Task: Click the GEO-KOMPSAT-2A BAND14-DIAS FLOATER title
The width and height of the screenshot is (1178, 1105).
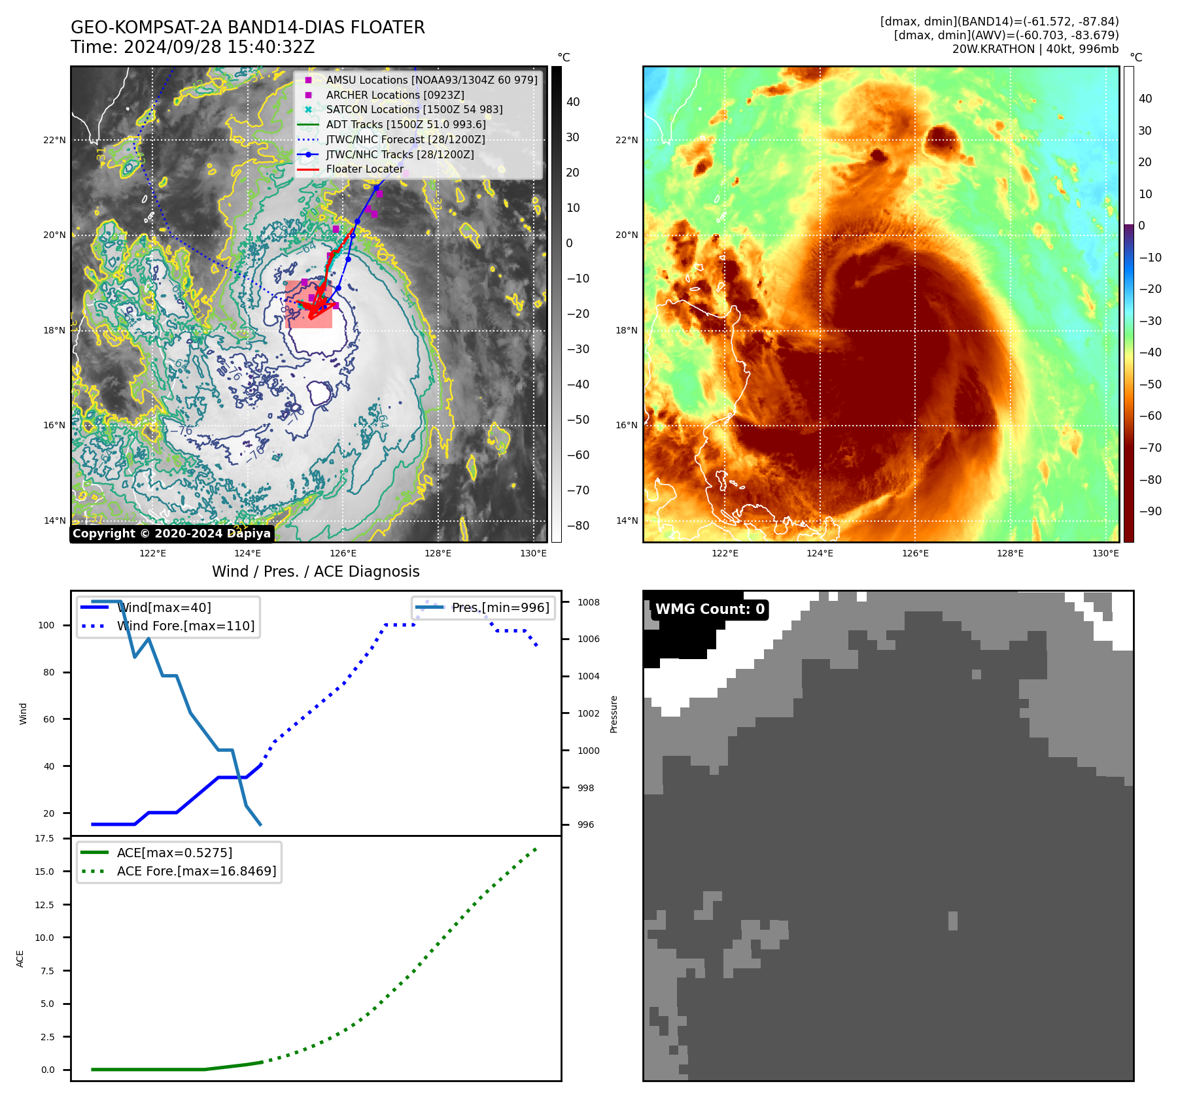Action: click(x=247, y=27)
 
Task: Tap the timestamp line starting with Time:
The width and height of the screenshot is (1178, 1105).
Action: click(x=192, y=48)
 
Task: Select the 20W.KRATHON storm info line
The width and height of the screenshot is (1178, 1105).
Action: click(x=1035, y=49)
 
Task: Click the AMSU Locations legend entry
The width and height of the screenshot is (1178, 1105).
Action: click(x=431, y=80)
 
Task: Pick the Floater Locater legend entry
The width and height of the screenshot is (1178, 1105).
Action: click(x=364, y=169)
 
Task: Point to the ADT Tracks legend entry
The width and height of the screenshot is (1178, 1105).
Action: click(x=406, y=124)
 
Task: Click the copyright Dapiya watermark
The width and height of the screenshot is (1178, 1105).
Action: click(x=171, y=534)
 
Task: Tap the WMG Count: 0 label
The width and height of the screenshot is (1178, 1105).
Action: click(x=709, y=609)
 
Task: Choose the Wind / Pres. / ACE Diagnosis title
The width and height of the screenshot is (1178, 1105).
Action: click(x=315, y=571)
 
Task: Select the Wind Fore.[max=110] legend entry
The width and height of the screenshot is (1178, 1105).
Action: click(x=185, y=626)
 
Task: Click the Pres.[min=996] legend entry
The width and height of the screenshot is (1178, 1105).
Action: click(x=500, y=607)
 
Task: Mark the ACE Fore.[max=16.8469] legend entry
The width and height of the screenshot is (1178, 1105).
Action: click(x=196, y=871)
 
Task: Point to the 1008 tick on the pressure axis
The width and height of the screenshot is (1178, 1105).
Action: click(x=588, y=602)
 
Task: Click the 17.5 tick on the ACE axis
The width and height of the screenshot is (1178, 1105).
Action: click(x=44, y=838)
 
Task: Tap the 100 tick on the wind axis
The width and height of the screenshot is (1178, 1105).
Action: click(x=46, y=625)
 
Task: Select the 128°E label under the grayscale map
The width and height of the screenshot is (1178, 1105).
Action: click(x=438, y=553)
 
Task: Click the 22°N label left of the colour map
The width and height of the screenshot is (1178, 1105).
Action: click(x=627, y=140)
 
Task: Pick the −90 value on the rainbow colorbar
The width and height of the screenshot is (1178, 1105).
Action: click(x=1150, y=511)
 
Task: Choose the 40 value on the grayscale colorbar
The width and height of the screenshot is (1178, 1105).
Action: click(x=573, y=102)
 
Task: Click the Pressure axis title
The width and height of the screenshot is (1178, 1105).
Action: click(x=614, y=714)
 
